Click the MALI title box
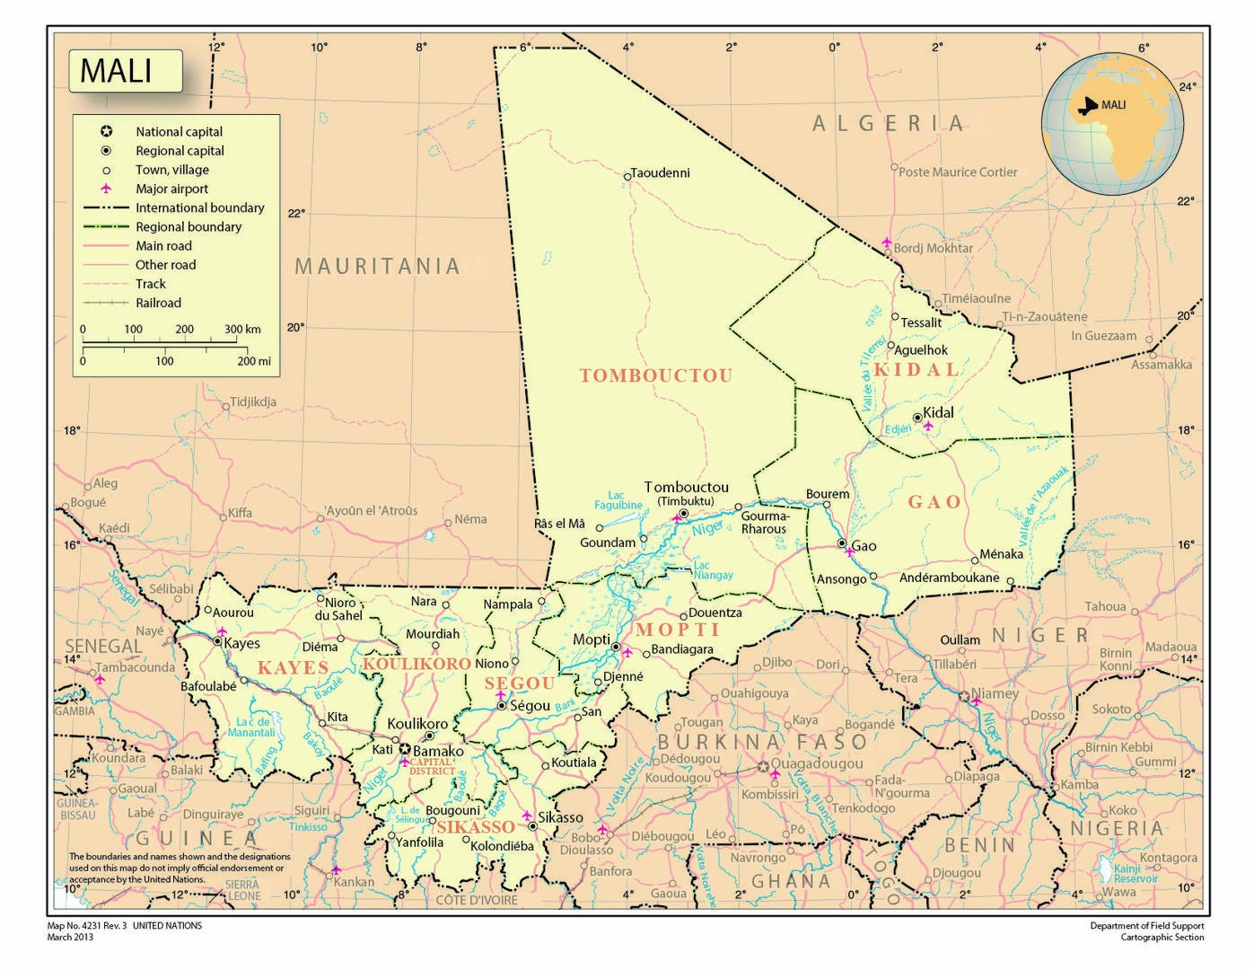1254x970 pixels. [126, 71]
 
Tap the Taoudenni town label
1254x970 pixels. [661, 172]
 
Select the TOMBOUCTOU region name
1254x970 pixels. [656, 375]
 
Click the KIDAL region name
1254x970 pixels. [916, 369]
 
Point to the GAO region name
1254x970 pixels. [934, 502]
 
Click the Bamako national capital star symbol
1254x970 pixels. [405, 749]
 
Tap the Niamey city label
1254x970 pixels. [995, 693]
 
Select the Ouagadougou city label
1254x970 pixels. [817, 763]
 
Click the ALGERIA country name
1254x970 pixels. [889, 123]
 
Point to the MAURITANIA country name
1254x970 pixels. [377, 266]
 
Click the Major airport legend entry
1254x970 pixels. [171, 189]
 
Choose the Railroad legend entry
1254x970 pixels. [158, 303]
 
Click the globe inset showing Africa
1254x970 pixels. [1112, 123]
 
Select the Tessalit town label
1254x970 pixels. [921, 322]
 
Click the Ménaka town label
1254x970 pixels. [1001, 554]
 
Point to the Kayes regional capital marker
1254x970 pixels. [218, 642]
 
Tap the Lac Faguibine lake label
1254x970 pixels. [618, 500]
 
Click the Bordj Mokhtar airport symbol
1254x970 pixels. [887, 242]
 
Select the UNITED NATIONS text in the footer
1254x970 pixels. [167, 925]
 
